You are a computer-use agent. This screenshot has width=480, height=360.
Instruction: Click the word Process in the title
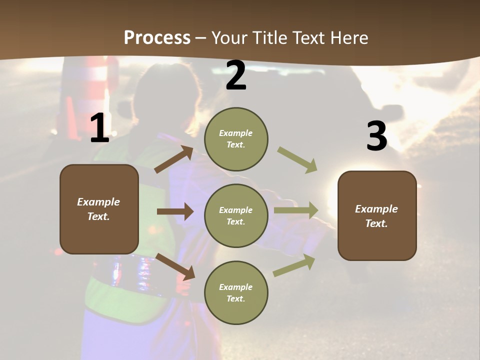157,38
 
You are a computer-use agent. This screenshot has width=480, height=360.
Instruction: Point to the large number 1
99,128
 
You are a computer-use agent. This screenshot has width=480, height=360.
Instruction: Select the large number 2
236,75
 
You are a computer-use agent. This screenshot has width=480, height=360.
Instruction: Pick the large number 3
376,136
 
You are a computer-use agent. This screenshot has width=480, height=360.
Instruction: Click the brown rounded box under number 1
99,209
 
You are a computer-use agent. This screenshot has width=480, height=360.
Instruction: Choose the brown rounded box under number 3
376,215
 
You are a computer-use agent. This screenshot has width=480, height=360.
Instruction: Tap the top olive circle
236,139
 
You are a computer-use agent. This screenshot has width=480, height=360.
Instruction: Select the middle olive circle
236,215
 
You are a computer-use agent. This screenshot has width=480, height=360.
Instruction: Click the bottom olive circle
236,292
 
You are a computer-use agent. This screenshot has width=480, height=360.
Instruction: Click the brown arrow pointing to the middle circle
175,211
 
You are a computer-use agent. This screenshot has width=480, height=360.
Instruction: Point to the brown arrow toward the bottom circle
175,266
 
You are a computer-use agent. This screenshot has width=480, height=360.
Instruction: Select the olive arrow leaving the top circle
297,159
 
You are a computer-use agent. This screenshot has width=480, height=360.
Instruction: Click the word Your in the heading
230,38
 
